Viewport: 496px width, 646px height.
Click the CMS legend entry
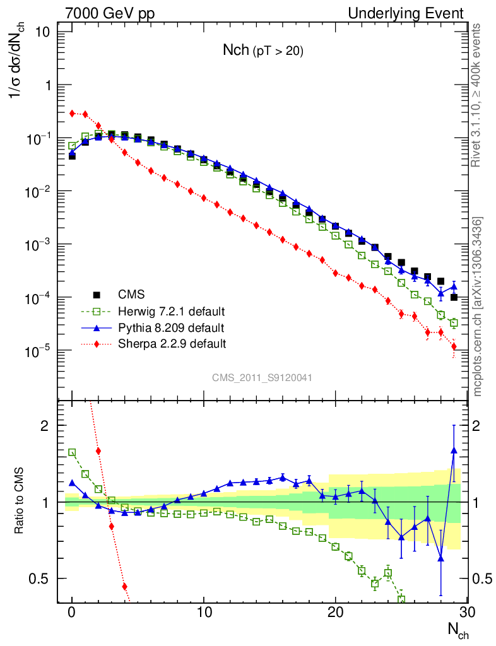coord(131,294)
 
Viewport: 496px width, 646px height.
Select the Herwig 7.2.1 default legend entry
coord(172,311)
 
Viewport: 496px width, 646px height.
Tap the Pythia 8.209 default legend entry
coord(171,327)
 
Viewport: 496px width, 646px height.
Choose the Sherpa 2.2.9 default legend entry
coord(172,344)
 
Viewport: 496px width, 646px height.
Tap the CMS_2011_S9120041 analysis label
coord(262,377)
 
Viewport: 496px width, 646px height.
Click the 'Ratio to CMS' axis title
coord(21,502)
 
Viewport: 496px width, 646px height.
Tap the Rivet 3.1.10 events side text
coord(478,95)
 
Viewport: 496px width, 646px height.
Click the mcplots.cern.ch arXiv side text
coord(478,306)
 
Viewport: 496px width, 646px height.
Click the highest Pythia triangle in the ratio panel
coord(454,450)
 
